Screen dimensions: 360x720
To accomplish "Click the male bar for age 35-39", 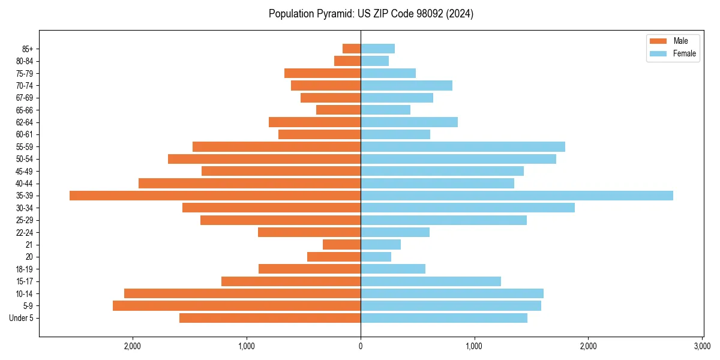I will coord(215,196).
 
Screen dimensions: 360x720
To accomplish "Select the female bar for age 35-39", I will coord(517,196).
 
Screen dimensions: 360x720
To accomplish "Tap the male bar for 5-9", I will coord(236,306).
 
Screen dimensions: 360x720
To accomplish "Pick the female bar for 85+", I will coord(377,49).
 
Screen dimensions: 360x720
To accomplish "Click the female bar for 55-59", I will coord(463,147).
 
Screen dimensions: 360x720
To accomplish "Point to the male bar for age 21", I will coord(341,245).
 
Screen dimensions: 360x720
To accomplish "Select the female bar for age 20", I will coord(376,257).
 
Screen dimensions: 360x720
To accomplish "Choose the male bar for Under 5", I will coord(269,318).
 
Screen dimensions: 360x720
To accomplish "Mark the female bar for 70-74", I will coord(406,86).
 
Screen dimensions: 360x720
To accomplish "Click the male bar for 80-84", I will coord(347,61).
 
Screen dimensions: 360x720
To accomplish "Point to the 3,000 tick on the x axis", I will coord(702,346).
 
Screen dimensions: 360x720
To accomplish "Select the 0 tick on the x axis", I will coord(361,346).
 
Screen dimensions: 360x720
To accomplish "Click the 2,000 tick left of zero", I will coord(133,346).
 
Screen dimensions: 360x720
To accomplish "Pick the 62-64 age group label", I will coord(25,122).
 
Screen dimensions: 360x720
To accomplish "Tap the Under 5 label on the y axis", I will coord(22,318).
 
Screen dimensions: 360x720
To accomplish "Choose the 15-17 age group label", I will coord(25,281).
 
